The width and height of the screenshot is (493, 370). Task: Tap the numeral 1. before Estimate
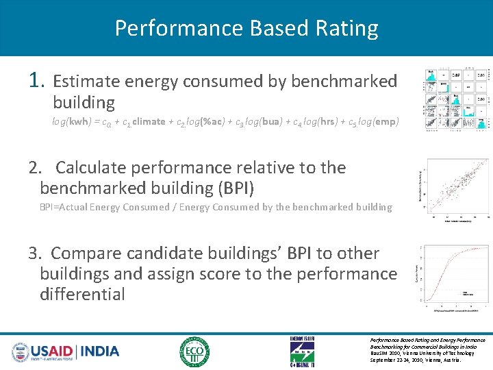click(x=38, y=81)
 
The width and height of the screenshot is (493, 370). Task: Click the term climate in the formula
click(x=149, y=122)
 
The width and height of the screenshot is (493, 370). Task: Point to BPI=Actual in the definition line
click(x=67, y=207)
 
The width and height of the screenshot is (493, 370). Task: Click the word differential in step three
click(x=82, y=295)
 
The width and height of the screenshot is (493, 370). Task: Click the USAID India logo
click(x=66, y=351)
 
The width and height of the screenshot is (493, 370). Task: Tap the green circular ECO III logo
click(x=194, y=351)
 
